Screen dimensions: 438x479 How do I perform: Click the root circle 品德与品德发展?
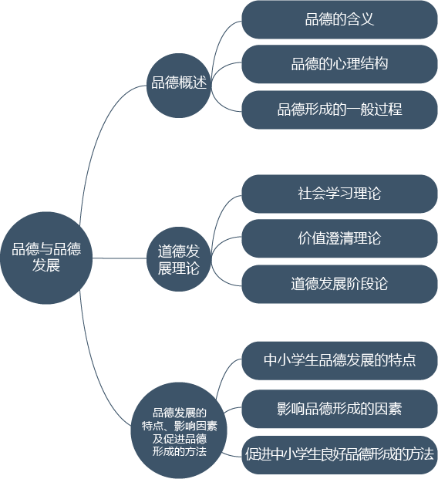[46, 258]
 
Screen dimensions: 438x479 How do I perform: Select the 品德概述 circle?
[179, 86]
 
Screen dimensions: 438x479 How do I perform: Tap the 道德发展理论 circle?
[179, 258]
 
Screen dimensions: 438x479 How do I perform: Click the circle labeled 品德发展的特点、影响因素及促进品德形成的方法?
[179, 430]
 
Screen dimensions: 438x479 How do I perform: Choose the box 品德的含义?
[339, 19]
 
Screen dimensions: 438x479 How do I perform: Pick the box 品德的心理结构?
[339, 64]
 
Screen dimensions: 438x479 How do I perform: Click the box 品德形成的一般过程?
[339, 110]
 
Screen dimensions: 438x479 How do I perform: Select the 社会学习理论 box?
[339, 194]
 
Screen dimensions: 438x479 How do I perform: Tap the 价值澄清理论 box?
[339, 238]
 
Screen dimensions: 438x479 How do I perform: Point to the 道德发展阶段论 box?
[339, 284]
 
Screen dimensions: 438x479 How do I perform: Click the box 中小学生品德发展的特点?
[339, 360]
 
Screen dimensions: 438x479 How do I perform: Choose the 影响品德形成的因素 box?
[339, 409]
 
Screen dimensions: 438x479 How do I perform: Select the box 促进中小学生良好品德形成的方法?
[339, 455]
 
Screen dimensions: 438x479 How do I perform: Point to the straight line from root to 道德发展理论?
[120, 258]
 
